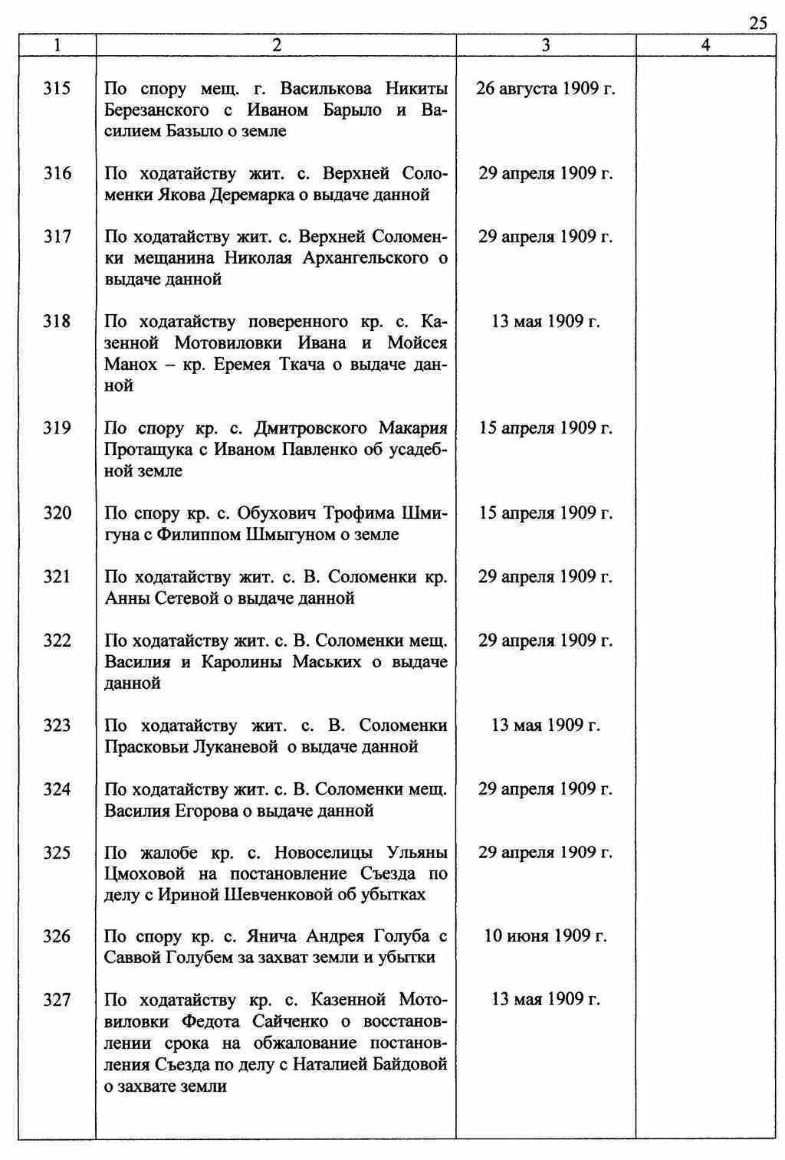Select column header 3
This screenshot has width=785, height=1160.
545,46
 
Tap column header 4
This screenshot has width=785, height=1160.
705,46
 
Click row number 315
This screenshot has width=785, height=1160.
57,89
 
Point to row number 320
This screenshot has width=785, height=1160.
57,513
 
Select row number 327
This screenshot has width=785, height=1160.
57,1000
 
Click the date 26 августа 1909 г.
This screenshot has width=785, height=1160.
545,89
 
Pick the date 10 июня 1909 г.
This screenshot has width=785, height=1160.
545,936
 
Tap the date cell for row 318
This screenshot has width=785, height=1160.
545,322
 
